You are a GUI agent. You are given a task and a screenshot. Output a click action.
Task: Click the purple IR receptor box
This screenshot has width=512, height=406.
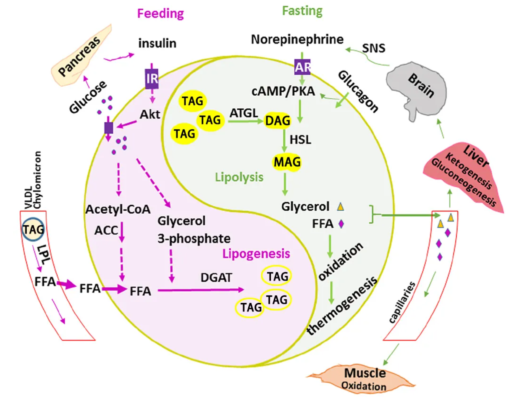[x=152, y=79]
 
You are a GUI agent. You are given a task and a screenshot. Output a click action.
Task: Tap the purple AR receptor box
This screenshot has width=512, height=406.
[x=302, y=67]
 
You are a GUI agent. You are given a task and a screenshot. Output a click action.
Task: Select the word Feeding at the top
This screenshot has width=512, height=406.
[x=161, y=13]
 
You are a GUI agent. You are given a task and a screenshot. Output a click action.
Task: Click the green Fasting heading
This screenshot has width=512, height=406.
[x=302, y=11]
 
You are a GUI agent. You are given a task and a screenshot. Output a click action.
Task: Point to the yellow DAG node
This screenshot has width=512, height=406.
[x=277, y=121]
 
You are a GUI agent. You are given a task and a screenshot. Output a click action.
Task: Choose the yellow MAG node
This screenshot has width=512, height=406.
[x=287, y=162]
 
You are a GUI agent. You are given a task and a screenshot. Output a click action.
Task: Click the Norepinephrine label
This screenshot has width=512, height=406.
[x=297, y=39]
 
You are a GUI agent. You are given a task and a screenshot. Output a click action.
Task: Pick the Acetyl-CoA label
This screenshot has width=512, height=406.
[x=118, y=210]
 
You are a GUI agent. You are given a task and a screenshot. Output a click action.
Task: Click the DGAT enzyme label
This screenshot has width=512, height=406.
[x=216, y=278]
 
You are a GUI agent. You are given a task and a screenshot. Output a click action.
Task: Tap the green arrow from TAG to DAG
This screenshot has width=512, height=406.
[x=245, y=121]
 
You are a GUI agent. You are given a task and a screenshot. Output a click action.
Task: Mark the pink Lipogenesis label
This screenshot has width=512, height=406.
[x=256, y=254]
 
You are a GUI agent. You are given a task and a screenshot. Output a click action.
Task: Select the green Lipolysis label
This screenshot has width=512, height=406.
[x=239, y=177]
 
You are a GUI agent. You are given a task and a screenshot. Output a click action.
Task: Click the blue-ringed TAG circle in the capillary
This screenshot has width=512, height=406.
[x=33, y=229]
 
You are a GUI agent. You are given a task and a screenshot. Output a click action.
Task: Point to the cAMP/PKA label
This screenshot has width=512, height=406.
[x=283, y=91]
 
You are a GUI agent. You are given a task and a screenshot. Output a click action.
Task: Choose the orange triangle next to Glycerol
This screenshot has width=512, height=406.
[x=340, y=206]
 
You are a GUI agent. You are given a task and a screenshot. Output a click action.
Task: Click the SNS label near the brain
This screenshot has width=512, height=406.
[x=373, y=48]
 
